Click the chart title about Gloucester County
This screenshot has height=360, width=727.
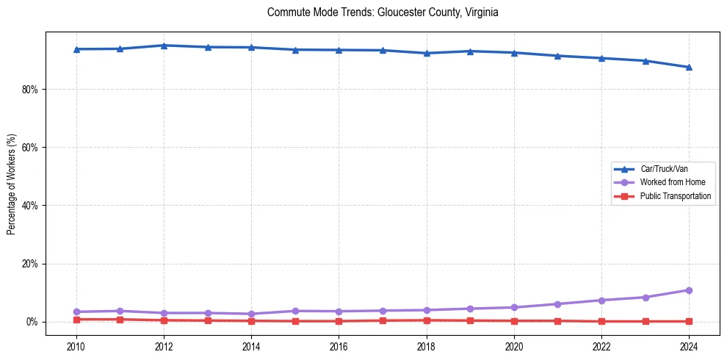[x=383, y=12]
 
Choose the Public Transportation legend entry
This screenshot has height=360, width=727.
[x=675, y=196]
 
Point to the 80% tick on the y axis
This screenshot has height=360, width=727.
[x=32, y=90]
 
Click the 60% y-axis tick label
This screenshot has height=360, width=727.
[x=32, y=148]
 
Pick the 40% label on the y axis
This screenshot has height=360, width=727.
[x=32, y=206]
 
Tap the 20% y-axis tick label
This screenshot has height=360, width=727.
[x=32, y=264]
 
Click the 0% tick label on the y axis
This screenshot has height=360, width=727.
[x=34, y=322]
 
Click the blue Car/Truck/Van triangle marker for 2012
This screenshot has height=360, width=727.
[x=164, y=46]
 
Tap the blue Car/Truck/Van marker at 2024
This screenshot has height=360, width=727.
[x=689, y=67]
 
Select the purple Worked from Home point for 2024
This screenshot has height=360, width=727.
[x=689, y=290]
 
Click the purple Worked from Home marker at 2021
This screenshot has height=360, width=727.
[x=557, y=304]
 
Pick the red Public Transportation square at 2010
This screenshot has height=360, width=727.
[x=76, y=320]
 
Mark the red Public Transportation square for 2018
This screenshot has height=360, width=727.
[x=426, y=320]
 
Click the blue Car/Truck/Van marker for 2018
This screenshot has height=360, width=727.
[x=426, y=53]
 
